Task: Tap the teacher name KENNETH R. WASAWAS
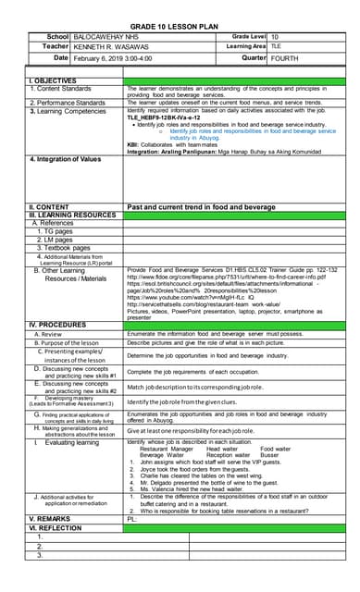[113, 44]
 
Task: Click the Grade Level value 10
[274, 34]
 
